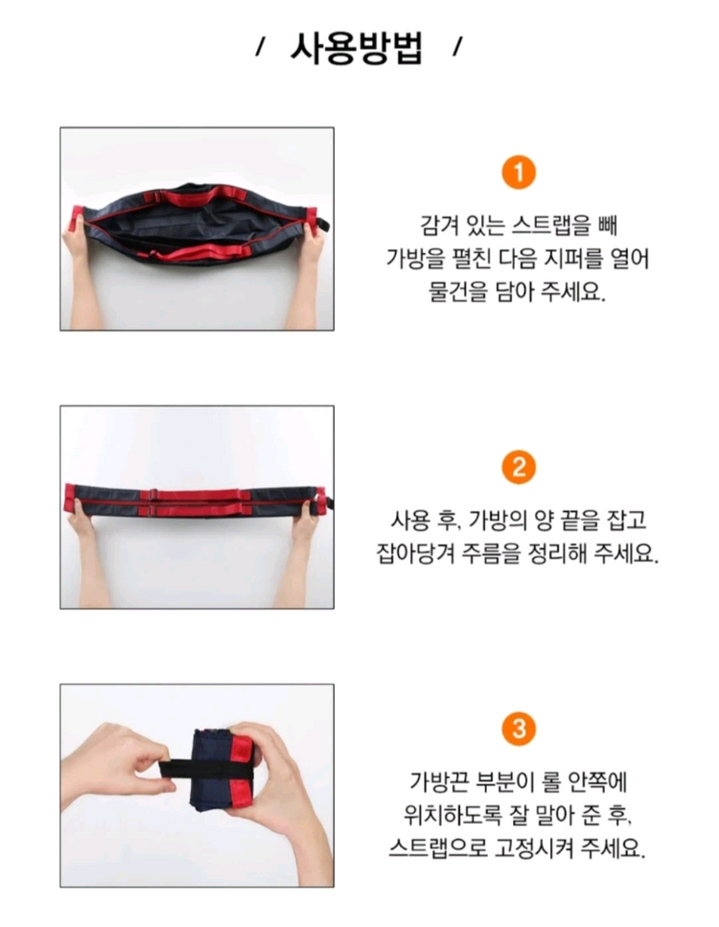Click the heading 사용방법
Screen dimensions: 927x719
[357, 48]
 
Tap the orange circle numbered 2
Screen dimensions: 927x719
[519, 468]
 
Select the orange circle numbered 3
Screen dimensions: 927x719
[519, 728]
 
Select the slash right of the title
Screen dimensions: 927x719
[457, 49]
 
